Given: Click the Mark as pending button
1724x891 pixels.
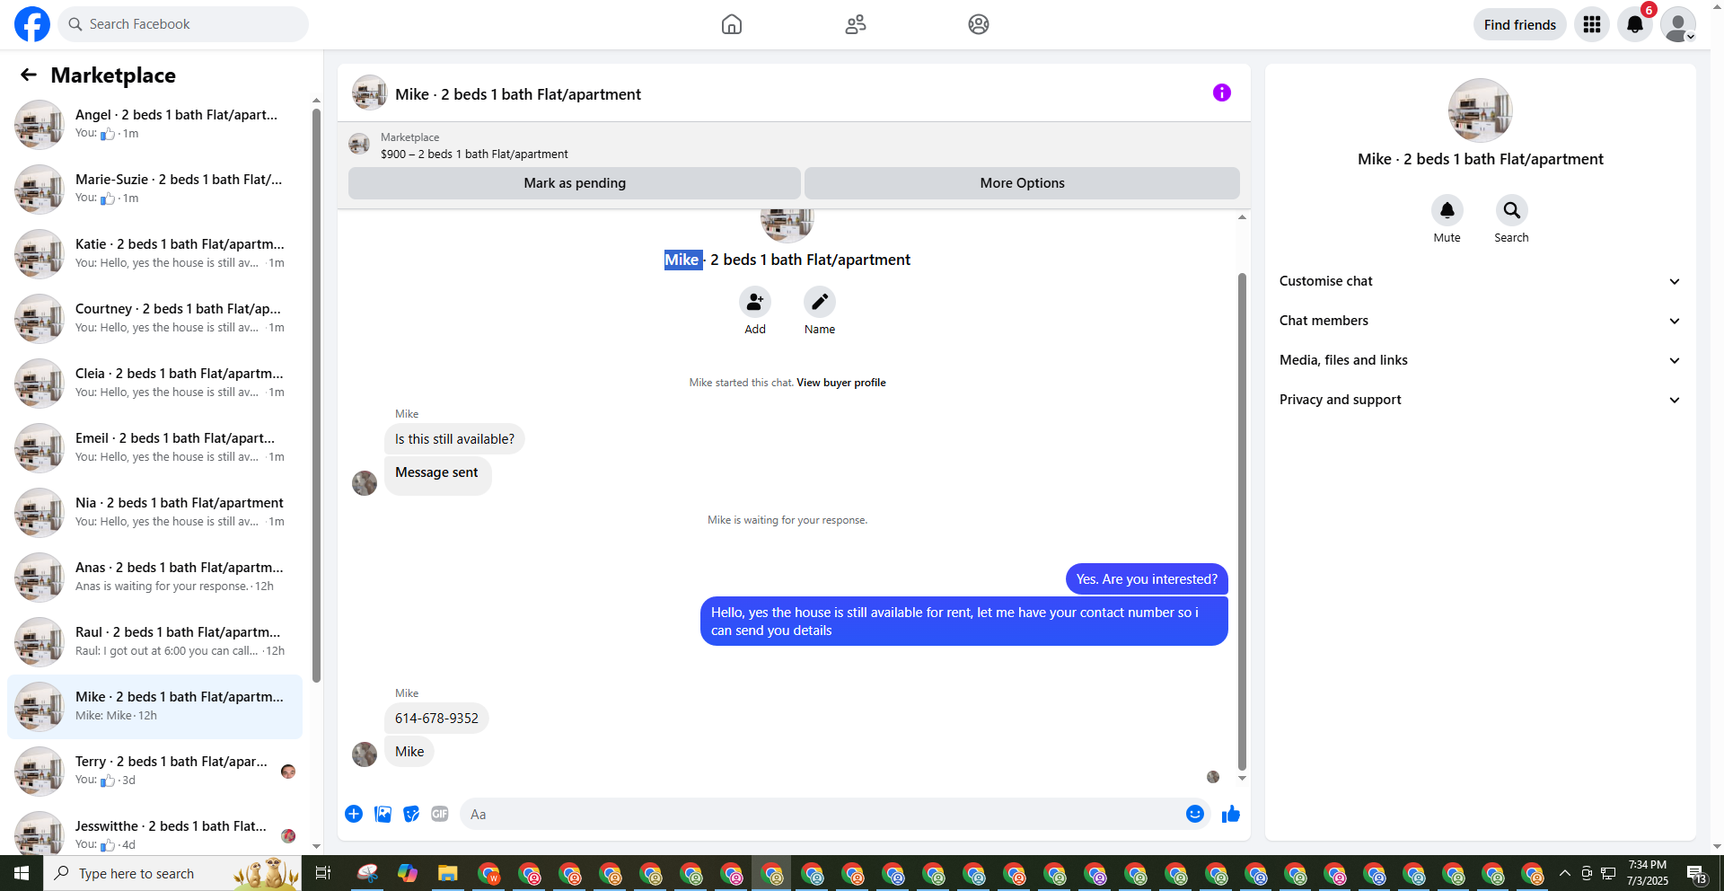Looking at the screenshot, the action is tap(575, 183).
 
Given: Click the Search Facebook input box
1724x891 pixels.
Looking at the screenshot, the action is tap(183, 24).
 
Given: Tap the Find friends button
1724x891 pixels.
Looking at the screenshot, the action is tap(1519, 24).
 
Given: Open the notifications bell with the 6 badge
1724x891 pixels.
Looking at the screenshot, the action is tap(1635, 24).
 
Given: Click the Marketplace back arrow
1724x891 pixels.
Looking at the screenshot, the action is tap(29, 75).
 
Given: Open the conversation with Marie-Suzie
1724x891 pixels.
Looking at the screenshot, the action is tap(155, 189).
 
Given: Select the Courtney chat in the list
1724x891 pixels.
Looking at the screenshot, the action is tap(155, 318).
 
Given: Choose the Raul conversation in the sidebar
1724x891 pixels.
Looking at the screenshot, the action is tap(155, 641).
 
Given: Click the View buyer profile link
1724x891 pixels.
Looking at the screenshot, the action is tap(841, 383).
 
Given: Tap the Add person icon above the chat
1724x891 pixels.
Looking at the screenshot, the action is tap(755, 302).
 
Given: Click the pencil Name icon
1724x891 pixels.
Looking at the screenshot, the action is tap(820, 302).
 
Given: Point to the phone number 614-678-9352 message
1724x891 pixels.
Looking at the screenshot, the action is tap(436, 719).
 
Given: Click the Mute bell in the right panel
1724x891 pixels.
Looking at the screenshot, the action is tap(1447, 210).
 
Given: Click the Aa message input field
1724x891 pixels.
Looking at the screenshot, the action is tap(822, 815).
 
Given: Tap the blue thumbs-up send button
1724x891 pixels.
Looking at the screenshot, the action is tap(1231, 814).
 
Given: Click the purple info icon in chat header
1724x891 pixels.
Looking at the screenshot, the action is tap(1222, 93).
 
